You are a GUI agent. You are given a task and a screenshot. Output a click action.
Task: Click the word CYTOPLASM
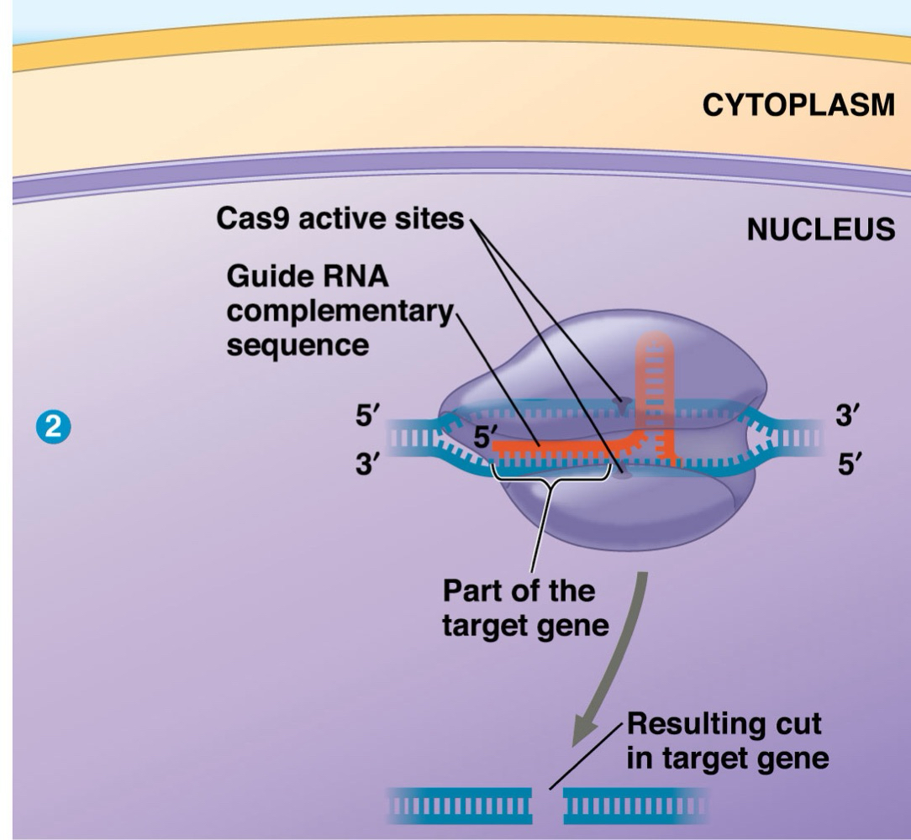[x=798, y=107]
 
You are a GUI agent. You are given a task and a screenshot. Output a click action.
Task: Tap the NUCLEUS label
[x=821, y=229]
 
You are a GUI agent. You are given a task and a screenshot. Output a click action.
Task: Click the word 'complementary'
[x=340, y=311]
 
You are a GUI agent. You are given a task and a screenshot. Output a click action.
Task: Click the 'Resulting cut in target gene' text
[x=727, y=741]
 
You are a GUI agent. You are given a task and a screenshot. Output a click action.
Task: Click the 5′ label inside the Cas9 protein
[x=484, y=438]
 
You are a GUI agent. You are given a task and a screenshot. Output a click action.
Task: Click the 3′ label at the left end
[x=368, y=464]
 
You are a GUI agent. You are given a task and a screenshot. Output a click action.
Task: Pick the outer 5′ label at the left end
[x=368, y=417]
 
